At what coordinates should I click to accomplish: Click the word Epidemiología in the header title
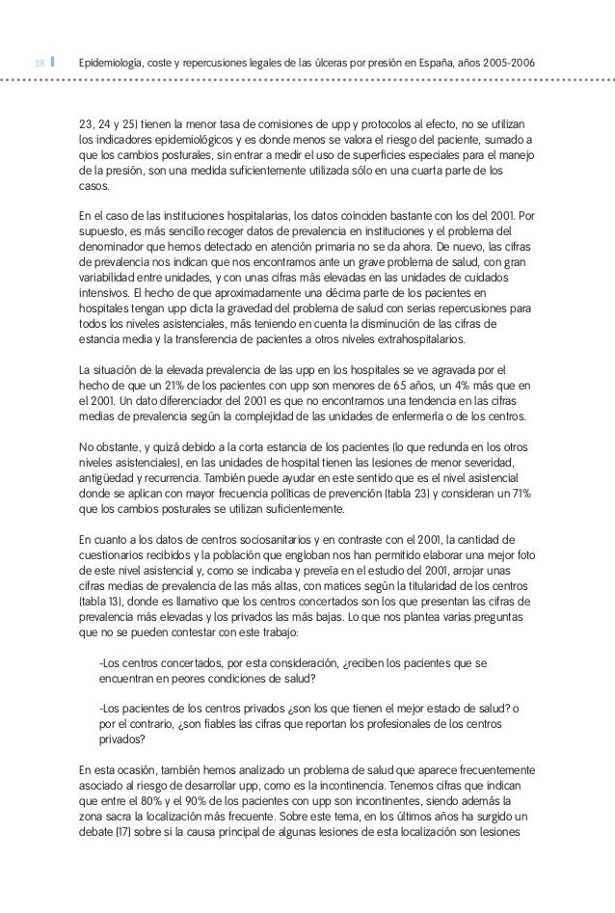[113, 63]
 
